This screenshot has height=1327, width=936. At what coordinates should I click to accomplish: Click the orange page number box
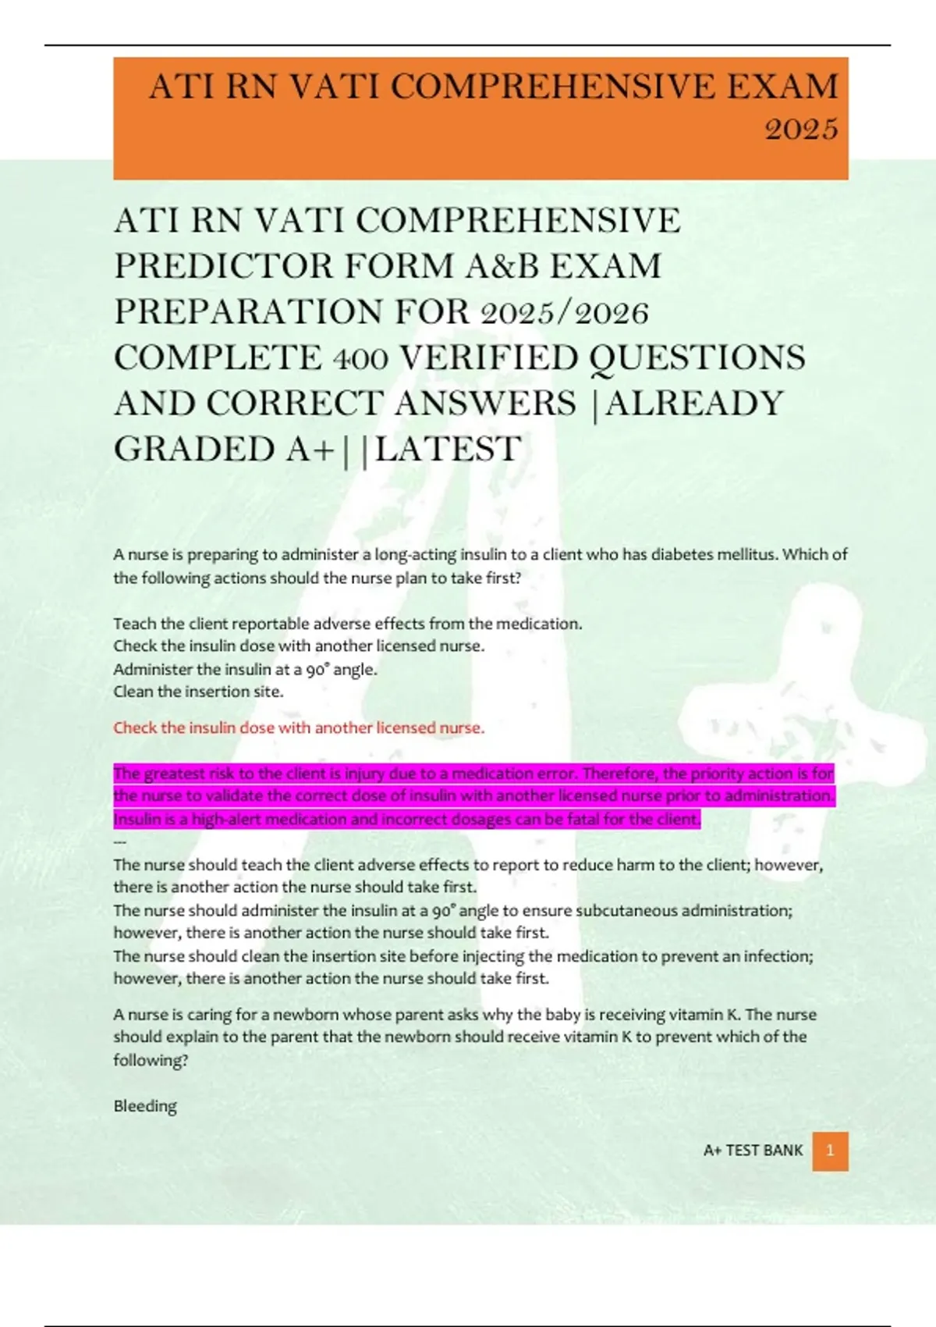coord(830,1151)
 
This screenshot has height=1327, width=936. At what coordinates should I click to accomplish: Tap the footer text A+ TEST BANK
coord(753,1151)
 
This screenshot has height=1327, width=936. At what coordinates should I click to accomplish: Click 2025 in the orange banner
coord(802,129)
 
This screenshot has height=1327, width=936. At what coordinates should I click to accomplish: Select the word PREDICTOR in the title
coord(223,266)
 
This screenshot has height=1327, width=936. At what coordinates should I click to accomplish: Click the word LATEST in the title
coord(448,450)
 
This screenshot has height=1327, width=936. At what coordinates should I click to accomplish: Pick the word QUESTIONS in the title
coord(697,358)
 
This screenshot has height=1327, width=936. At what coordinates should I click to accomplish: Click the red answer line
coord(299,728)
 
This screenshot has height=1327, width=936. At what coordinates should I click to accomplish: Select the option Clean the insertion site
coord(198,692)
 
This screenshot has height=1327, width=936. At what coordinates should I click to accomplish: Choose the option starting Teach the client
coord(347,624)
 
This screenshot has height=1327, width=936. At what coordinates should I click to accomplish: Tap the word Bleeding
coord(145,1106)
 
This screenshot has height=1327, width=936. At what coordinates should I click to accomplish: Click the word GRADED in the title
coord(194,450)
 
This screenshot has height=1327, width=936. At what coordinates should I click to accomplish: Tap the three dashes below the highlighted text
coord(120,842)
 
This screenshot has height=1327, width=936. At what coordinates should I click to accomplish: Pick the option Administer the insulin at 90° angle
coord(245,669)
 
